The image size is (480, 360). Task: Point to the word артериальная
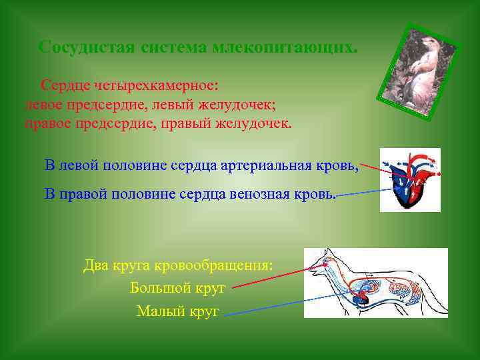269,165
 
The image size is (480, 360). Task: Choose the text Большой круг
178,288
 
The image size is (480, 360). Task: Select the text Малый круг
178,311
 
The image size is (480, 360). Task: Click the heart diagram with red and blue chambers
410,179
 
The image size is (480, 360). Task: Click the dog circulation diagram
376,283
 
